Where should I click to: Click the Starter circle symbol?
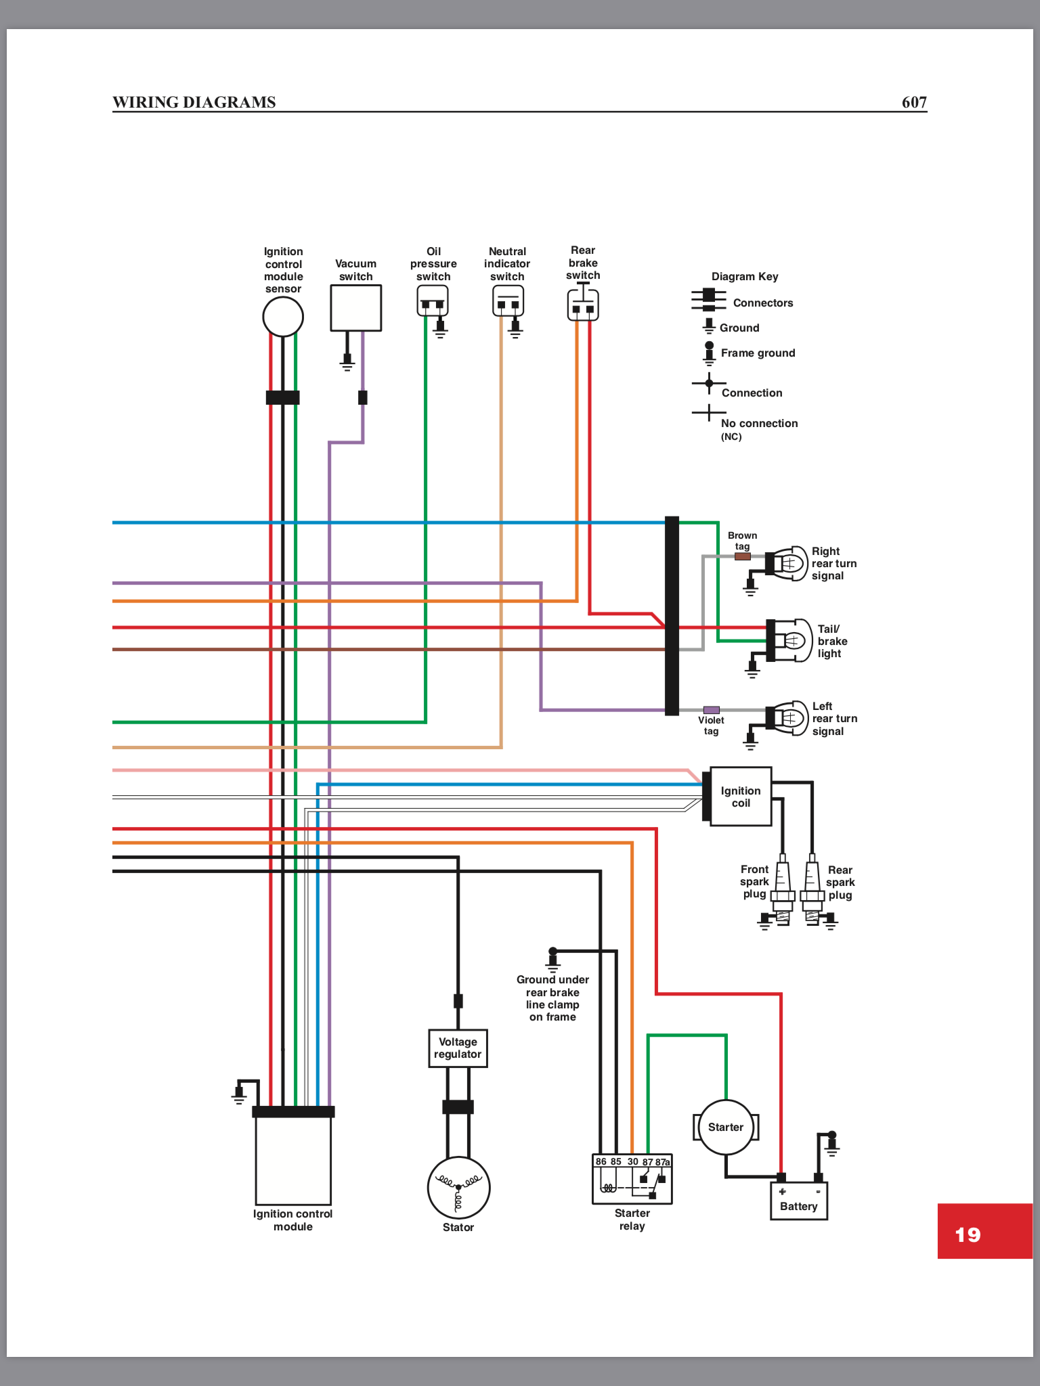tap(725, 1127)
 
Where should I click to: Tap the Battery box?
tap(799, 1201)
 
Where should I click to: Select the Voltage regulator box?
tap(458, 1048)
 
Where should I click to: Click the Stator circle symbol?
tap(458, 1188)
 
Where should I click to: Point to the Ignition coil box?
tap(741, 797)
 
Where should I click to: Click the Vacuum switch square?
tap(355, 308)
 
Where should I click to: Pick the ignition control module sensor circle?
tap(283, 317)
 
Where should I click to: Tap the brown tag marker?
tap(743, 556)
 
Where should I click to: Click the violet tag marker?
tap(711, 710)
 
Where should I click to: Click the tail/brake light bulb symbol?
tap(792, 640)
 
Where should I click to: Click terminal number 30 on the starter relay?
tap(632, 1161)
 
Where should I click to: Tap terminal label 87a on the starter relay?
tap(662, 1162)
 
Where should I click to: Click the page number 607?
tap(914, 102)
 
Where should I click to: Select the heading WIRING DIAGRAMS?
tap(194, 102)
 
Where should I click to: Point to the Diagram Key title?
tap(745, 276)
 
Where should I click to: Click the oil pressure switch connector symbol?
tap(433, 301)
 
